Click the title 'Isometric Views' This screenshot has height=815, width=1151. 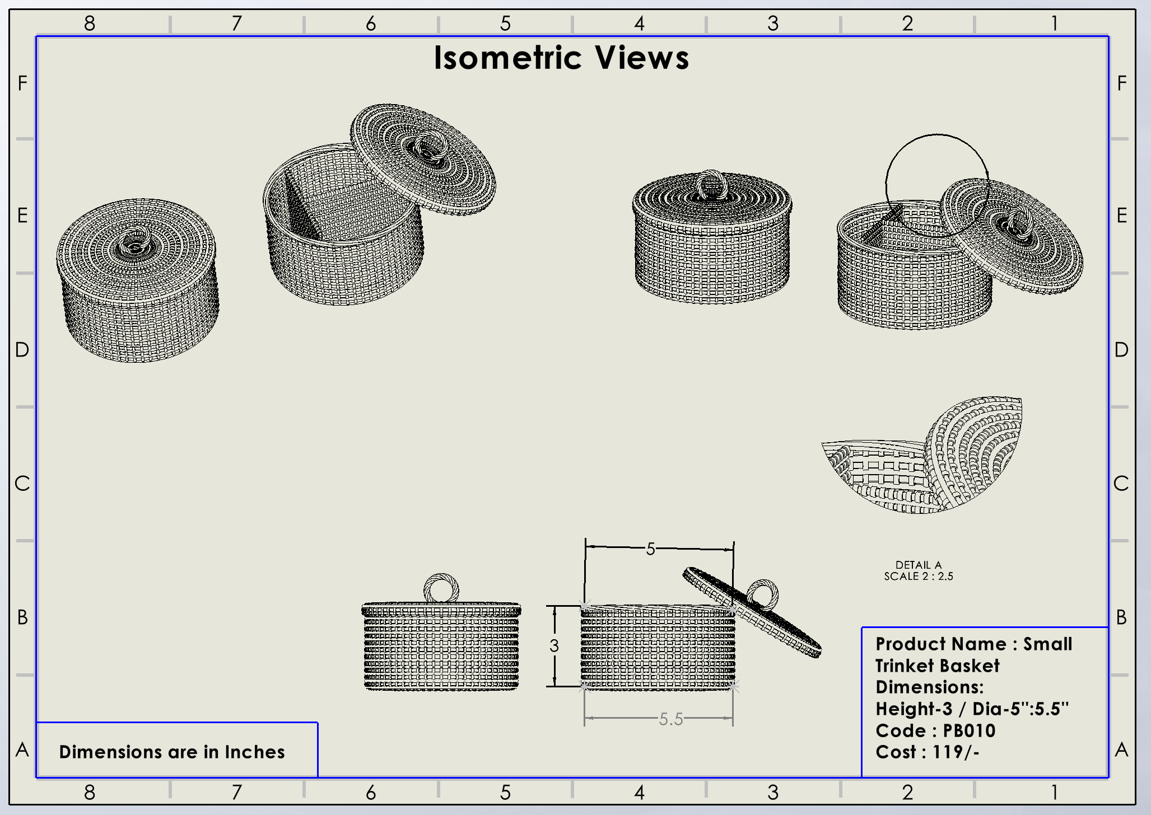[x=561, y=58]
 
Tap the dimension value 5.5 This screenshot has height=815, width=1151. [x=670, y=719]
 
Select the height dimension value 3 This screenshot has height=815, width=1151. [x=554, y=646]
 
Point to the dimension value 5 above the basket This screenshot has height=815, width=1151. [x=650, y=549]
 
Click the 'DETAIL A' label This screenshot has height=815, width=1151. [x=919, y=565]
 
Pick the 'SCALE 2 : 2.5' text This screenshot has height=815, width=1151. [x=919, y=576]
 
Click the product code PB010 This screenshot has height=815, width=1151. [x=969, y=730]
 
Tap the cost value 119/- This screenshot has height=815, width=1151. [x=956, y=752]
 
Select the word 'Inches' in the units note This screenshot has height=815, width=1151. [x=255, y=752]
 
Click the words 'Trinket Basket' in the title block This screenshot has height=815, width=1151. [x=938, y=666]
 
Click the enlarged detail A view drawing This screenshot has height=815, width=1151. [x=924, y=456]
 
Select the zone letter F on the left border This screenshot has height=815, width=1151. [x=22, y=83]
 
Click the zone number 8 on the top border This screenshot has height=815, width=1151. [x=90, y=23]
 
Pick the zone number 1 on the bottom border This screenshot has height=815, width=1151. [x=1054, y=792]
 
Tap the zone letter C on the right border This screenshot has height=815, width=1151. [x=1121, y=483]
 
